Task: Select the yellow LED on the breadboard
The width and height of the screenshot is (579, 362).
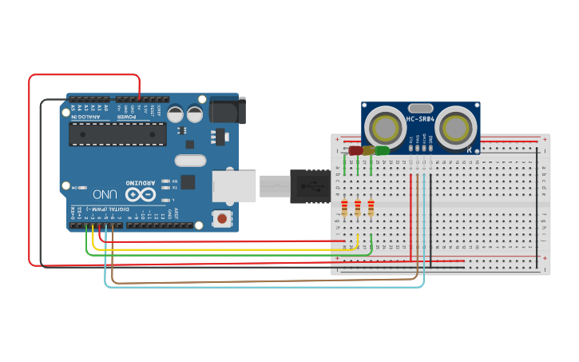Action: click(369, 150)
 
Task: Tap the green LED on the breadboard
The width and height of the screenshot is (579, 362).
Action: click(383, 150)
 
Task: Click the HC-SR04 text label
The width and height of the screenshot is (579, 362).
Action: click(420, 119)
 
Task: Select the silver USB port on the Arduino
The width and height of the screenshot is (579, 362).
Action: click(233, 185)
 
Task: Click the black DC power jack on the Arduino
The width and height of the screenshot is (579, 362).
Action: click(227, 110)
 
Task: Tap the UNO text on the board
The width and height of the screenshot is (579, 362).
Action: click(105, 193)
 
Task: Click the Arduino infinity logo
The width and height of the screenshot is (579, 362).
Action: click(140, 194)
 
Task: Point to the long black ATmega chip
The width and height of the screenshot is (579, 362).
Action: click(117, 133)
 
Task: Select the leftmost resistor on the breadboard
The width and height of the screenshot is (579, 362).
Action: click(344, 208)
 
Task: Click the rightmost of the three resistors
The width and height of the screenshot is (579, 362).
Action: click(371, 208)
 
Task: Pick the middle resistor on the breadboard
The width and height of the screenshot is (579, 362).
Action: click(358, 208)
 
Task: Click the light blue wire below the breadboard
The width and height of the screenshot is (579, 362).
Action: click(264, 286)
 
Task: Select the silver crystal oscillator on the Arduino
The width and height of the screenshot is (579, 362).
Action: click(190, 161)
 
